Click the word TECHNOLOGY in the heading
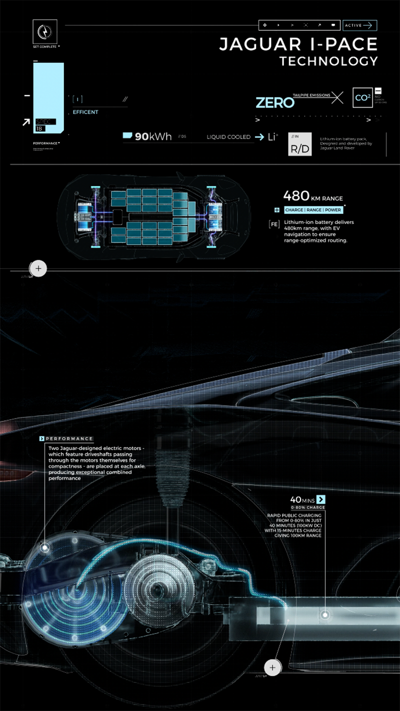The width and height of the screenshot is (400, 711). pos(328,61)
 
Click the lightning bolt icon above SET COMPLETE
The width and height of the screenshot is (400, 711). pos(44,31)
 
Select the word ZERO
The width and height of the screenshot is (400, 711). pos(274,103)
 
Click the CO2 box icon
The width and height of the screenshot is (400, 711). pos(362,98)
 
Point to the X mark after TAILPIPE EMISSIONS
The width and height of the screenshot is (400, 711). pos(337,97)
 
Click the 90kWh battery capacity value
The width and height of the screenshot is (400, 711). pos(153,136)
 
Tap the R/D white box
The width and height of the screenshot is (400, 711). pos(300,148)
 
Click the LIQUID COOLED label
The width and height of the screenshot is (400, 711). pos(228,137)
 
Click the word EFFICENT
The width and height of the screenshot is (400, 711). pos(85,112)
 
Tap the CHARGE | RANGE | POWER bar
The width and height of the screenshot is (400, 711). pos(313,210)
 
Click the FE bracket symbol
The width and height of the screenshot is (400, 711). pos(274,224)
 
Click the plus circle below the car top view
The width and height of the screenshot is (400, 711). pos(38,268)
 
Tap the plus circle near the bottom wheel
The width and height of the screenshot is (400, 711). pos(272,667)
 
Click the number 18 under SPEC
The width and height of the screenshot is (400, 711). pos(39,129)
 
